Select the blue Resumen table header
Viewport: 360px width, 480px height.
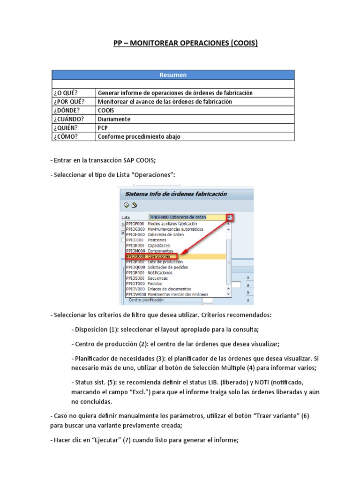point(173,75)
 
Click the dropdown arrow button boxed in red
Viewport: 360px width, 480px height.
point(230,217)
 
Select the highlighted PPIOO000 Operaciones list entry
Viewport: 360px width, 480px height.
point(151,257)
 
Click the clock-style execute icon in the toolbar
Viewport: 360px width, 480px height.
point(126,205)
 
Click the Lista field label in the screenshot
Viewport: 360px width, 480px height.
point(125,218)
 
